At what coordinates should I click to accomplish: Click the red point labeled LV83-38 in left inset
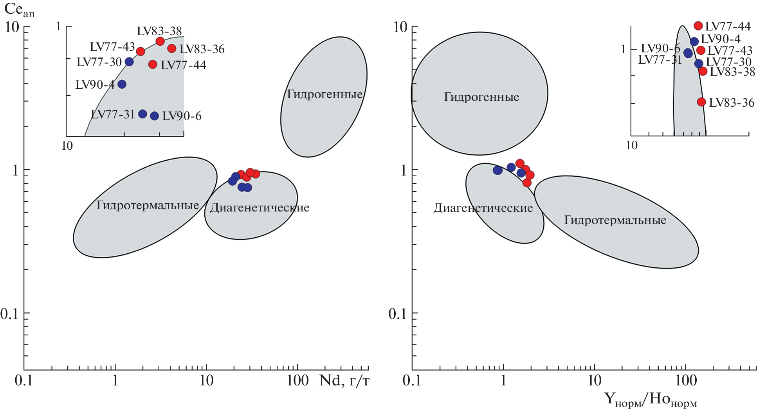tap(160, 41)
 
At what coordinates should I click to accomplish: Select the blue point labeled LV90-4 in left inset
tap(122, 84)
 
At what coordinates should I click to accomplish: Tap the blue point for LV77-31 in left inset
tap(142, 114)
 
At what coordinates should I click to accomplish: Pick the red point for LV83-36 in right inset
tap(701, 102)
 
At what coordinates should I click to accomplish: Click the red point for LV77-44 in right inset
tap(698, 26)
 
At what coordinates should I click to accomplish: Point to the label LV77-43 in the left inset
tap(112, 47)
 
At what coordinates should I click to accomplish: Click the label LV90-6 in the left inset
tap(182, 116)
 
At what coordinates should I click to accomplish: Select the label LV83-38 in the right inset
tap(732, 72)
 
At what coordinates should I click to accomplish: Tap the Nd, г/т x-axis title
tap(344, 380)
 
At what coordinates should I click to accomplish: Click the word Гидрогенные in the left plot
tap(325, 94)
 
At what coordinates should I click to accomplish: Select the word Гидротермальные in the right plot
tap(615, 220)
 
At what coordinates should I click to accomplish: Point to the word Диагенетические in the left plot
tap(260, 208)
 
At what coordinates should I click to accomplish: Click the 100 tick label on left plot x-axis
tap(297, 380)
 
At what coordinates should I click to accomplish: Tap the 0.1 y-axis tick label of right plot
tap(398, 313)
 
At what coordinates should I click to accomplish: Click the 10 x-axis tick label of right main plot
tap(594, 380)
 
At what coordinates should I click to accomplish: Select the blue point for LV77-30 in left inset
tap(129, 62)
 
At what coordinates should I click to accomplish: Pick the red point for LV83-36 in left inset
tap(171, 48)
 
